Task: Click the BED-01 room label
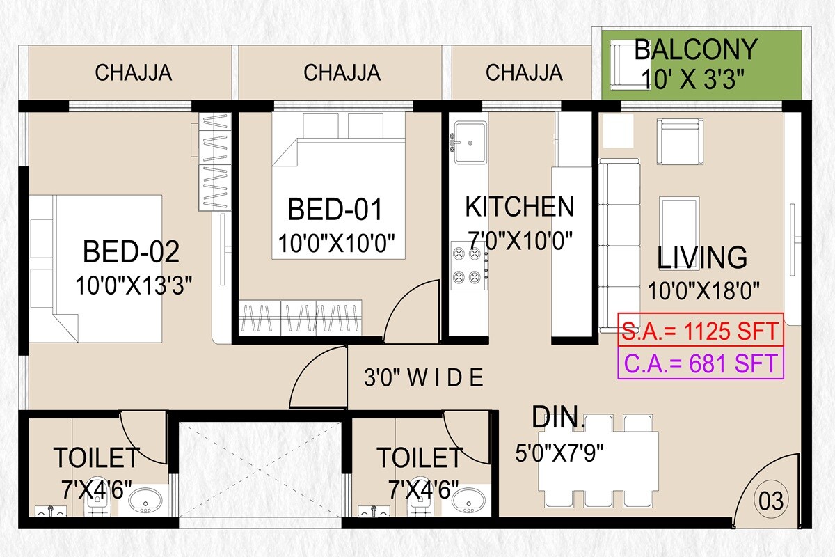pyautogui.click(x=335, y=210)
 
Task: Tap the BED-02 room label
pyautogui.click(x=131, y=251)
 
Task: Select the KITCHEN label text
pyautogui.click(x=519, y=207)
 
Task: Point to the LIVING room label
pyautogui.click(x=702, y=258)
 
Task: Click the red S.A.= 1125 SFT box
pyautogui.click(x=701, y=330)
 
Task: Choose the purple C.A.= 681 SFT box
pyautogui.click(x=701, y=363)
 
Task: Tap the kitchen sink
pyautogui.click(x=470, y=143)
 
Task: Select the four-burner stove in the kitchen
pyautogui.click(x=468, y=265)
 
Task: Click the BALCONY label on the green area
pyautogui.click(x=695, y=50)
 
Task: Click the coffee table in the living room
pyautogui.click(x=679, y=219)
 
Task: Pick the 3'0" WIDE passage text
pyautogui.click(x=423, y=378)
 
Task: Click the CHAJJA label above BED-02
pyautogui.click(x=134, y=72)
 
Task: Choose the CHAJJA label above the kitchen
pyautogui.click(x=524, y=72)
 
